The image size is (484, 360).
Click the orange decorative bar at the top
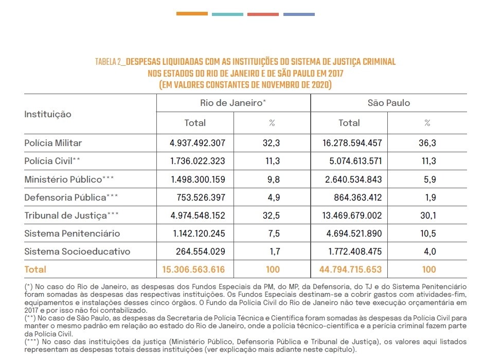pyautogui.click(x=192, y=14)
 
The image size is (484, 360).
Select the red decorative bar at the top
pyautogui.click(x=262, y=14)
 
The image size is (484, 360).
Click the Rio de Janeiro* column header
pyautogui.click(x=233, y=103)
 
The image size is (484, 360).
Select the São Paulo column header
pyautogui.click(x=389, y=103)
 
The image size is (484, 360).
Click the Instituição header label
pyautogui.click(x=48, y=114)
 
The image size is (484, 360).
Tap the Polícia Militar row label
pyautogui.click(x=53, y=142)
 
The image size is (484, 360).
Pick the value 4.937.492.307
pyautogui.click(x=198, y=142)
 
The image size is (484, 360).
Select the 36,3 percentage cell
pyautogui.click(x=427, y=142)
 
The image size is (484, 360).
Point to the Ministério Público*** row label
pyautogui.click(x=69, y=179)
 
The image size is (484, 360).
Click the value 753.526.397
pyautogui.click(x=198, y=197)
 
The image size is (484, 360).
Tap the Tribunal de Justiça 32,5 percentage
pyautogui.click(x=272, y=215)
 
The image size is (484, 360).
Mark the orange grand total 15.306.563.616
pyautogui.click(x=193, y=269)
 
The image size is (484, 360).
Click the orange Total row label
pyautogui.click(x=35, y=269)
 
